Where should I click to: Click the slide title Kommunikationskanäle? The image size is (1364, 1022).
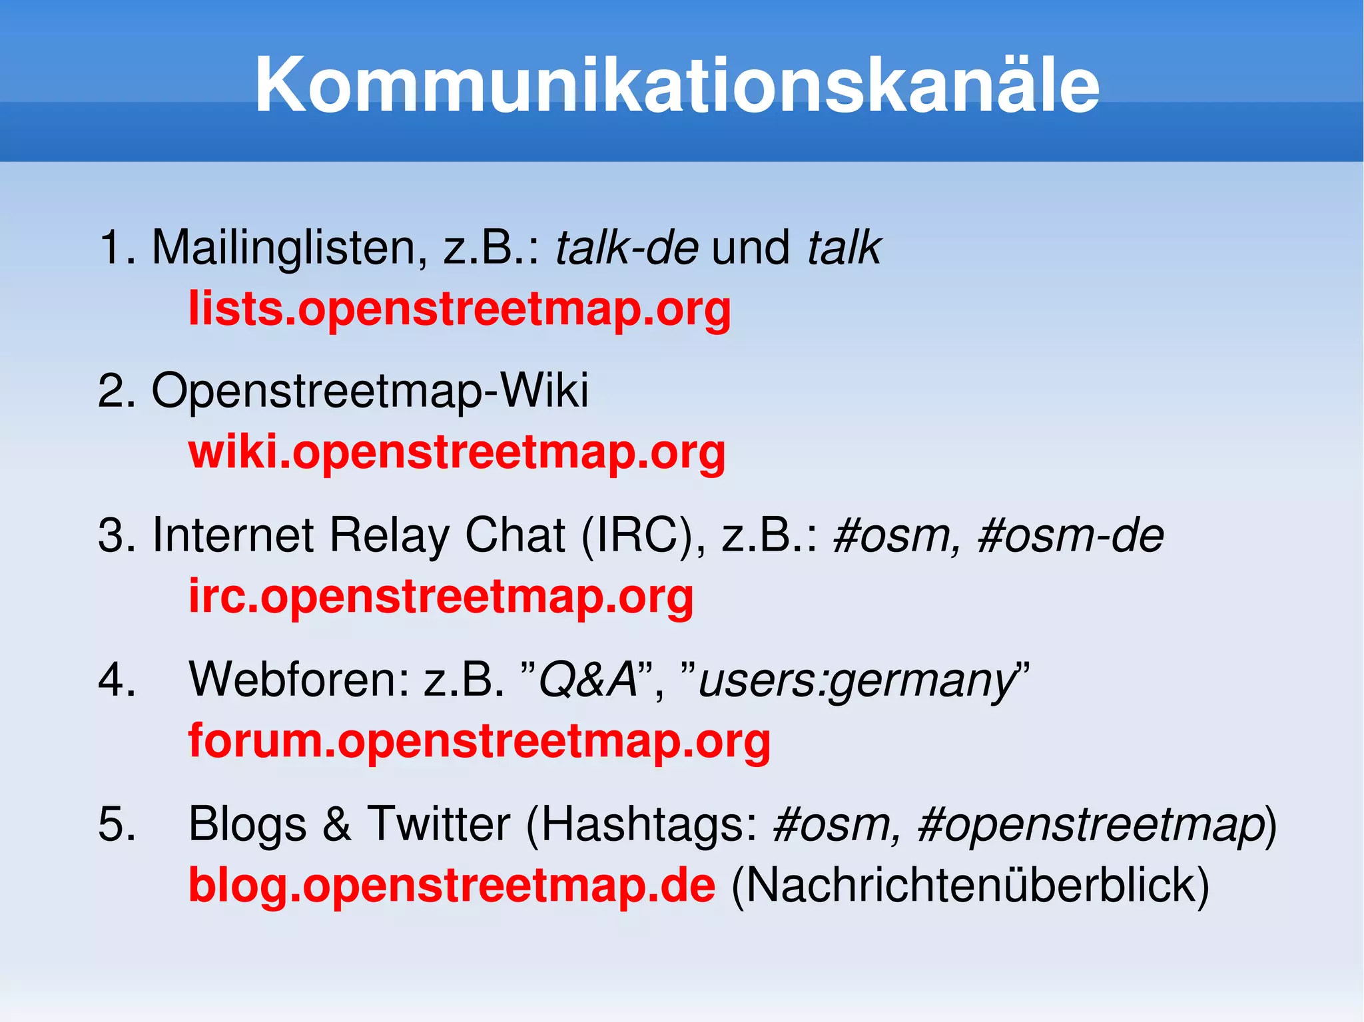pos(677,85)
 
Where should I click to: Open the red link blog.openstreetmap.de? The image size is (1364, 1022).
pos(452,886)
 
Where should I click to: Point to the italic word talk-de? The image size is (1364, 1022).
pos(627,248)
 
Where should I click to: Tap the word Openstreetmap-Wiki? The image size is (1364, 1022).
pos(370,391)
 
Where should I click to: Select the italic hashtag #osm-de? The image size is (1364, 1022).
pos(1070,535)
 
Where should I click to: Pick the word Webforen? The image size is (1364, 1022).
pos(298,680)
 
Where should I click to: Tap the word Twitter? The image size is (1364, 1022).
pos(439,824)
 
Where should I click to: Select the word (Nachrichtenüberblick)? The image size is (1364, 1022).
pos(970,886)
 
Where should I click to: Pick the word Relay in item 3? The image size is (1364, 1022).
pos(389,535)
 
